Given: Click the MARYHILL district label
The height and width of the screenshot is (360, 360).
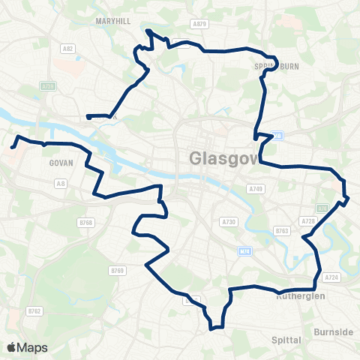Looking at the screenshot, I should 114,21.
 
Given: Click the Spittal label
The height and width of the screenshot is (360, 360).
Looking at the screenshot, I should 285,340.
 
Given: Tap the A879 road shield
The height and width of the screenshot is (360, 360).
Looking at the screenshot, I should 199,24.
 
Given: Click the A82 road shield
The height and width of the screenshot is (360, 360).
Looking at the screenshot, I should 69,49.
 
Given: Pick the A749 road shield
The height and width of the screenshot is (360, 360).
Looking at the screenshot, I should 256,188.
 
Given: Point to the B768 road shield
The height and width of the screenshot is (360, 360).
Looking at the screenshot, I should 86,222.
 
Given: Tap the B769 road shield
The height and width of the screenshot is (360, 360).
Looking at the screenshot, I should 117,270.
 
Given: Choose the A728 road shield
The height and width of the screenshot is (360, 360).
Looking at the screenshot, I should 307,221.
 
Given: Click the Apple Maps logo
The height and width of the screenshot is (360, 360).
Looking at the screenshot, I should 27,347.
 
